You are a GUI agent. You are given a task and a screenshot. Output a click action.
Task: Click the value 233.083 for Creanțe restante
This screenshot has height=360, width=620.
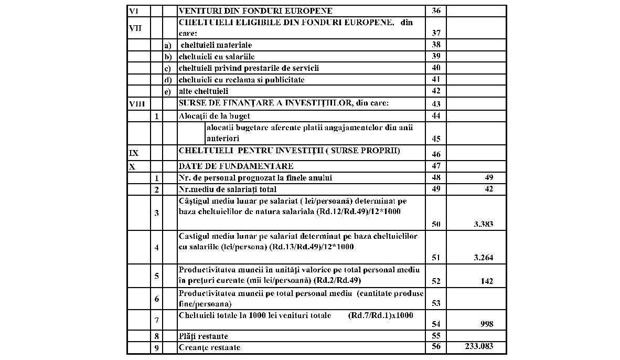click(478, 347)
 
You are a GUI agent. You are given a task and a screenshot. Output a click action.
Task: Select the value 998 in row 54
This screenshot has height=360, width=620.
click(486, 324)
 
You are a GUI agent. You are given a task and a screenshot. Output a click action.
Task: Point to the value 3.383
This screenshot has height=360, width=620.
click(483, 224)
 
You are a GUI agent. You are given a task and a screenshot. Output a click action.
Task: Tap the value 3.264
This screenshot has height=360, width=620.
click(483, 258)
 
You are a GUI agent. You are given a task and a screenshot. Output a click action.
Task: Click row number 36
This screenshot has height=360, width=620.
click(436, 10)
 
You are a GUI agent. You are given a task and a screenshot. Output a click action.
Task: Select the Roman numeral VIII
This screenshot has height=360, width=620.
click(137, 104)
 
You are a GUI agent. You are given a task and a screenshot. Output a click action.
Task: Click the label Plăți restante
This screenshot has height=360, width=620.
click(204, 336)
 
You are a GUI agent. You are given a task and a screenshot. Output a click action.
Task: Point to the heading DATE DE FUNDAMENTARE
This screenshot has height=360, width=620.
click(236, 166)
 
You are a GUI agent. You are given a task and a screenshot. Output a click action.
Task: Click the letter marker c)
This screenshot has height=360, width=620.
click(168, 68)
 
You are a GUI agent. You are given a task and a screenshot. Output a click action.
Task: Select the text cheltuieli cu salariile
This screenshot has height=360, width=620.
click(217, 57)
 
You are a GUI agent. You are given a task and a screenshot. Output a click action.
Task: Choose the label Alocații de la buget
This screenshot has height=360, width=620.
click(215, 116)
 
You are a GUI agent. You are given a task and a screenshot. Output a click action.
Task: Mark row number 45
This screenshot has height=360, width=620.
click(436, 139)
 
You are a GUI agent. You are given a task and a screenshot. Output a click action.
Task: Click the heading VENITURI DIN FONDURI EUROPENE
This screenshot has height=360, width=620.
click(255, 10)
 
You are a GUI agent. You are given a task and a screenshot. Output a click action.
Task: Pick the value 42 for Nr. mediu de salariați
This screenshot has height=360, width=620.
click(488, 189)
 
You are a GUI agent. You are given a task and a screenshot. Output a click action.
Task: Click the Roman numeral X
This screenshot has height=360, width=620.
click(132, 166)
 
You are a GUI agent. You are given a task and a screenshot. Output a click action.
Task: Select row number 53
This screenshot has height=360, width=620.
click(436, 303)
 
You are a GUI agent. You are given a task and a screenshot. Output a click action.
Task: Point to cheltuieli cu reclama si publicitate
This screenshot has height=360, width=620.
click(241, 80)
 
